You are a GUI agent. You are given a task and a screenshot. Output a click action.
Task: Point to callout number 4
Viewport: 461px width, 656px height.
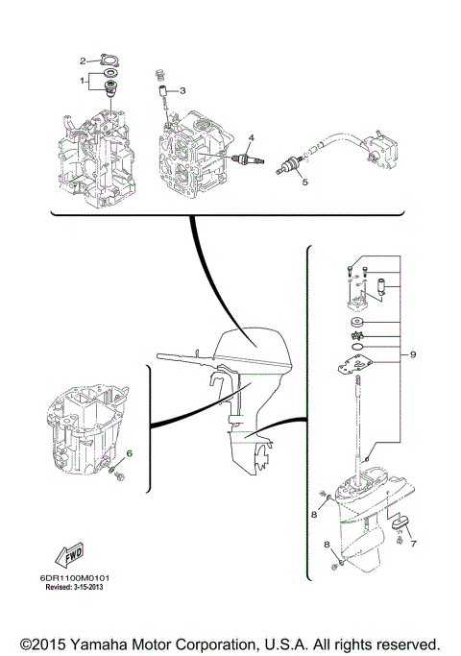[x=251, y=136]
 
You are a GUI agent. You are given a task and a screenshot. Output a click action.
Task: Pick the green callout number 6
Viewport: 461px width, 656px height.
[x=131, y=452]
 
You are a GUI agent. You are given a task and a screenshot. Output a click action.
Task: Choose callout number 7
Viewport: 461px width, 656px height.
[x=412, y=544]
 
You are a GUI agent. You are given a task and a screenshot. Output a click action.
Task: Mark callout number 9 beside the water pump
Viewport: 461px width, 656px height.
[x=412, y=354]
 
